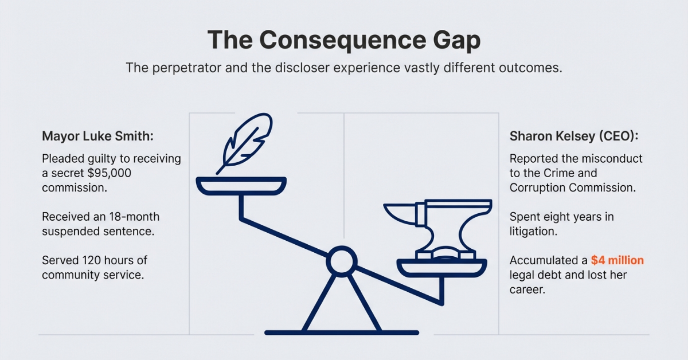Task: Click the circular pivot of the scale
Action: tap(342, 262)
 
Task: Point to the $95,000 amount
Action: tap(107, 173)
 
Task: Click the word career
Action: tap(526, 290)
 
